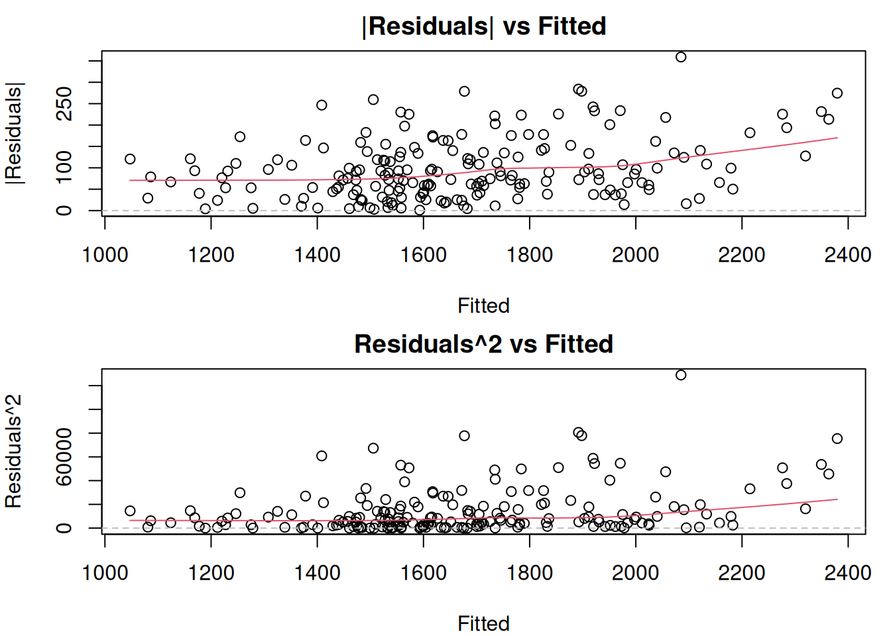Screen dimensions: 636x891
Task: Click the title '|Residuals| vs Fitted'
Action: point(484,26)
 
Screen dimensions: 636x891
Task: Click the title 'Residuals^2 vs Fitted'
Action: point(484,344)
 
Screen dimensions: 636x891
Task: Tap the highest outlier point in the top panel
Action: point(681,57)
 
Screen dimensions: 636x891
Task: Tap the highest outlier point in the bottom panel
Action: point(681,375)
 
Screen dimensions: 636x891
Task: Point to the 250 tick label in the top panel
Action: point(64,103)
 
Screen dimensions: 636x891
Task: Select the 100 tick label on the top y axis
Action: point(64,167)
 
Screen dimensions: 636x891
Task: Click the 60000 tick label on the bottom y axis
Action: point(64,456)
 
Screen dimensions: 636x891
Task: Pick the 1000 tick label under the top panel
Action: point(105,255)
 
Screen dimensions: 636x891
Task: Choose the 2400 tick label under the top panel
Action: point(848,255)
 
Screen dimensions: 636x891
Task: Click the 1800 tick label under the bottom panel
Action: point(530,573)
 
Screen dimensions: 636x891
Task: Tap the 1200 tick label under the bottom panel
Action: point(211,573)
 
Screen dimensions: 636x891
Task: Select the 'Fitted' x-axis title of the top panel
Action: point(483,306)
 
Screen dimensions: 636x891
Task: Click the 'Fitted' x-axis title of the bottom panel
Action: point(483,624)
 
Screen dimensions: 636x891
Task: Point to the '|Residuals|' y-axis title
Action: point(15,133)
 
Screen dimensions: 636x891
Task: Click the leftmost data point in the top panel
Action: point(130,159)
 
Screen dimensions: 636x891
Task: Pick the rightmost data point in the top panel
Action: point(837,93)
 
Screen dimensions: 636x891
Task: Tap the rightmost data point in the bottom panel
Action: point(837,439)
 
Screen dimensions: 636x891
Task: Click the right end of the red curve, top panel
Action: point(838,138)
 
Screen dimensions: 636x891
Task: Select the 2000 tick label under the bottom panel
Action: point(636,573)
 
